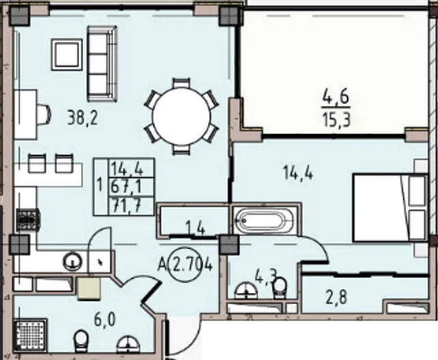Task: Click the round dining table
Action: coord(181,116)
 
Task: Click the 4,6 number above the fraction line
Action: coord(336,97)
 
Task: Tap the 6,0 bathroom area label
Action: coord(105,320)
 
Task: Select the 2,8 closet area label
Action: coord(336,297)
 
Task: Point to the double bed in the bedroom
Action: coord(389,207)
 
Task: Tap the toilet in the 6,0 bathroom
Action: coord(81,341)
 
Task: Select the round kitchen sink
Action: coord(73,261)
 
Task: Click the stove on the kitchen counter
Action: coord(28,220)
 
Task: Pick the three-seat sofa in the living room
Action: coord(102,64)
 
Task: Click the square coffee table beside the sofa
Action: coord(67,55)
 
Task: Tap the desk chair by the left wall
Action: coord(44,114)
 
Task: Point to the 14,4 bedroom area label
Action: coord(298,172)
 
